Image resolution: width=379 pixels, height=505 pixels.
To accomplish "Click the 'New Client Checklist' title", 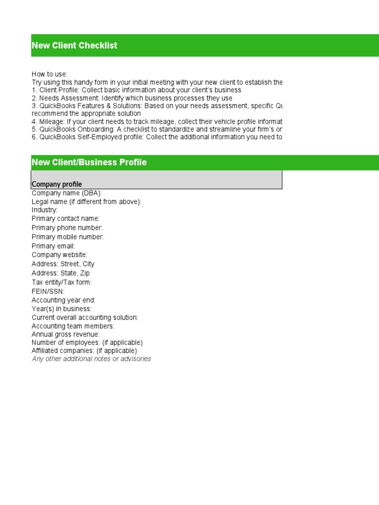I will click(75, 45).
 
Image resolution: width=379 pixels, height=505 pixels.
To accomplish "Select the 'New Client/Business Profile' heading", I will click(89, 162).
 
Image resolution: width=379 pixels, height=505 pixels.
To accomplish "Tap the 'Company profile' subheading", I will click(57, 184).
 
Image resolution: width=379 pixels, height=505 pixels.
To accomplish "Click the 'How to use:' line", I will click(49, 74).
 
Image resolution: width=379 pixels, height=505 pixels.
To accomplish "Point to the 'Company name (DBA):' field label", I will click(67, 193).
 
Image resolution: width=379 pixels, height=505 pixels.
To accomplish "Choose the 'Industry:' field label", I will click(44, 210).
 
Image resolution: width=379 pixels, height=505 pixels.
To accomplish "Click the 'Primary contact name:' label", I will click(66, 218).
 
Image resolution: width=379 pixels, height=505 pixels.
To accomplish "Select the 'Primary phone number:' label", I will click(67, 228).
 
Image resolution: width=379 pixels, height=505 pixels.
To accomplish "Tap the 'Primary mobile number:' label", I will click(68, 237).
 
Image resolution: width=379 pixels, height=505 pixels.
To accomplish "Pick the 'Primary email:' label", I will click(53, 246).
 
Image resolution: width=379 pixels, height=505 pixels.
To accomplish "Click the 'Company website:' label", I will click(59, 255).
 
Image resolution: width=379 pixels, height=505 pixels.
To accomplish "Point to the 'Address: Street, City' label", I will click(63, 264).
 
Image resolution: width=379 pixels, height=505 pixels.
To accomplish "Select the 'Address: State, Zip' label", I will click(61, 273).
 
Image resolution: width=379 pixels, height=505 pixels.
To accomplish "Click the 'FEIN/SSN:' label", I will click(48, 291).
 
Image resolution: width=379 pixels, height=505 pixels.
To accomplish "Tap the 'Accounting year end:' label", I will click(64, 300).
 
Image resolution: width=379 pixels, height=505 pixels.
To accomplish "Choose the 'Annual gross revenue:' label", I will click(66, 334).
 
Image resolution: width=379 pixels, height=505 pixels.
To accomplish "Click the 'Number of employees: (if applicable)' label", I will click(87, 342).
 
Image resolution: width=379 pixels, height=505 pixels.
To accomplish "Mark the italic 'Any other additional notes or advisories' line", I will click(91, 359).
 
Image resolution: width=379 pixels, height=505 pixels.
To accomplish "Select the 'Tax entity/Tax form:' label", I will click(62, 282).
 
